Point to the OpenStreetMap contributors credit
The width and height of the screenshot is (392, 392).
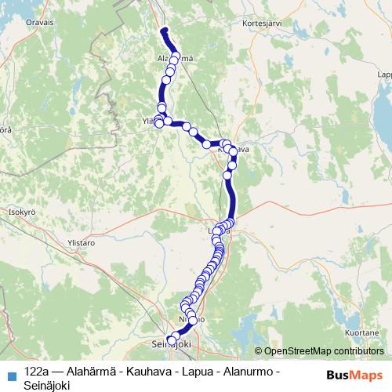coord(319,351)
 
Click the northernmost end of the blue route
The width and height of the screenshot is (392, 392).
coord(165,31)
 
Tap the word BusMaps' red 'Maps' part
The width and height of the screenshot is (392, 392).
coord(367,373)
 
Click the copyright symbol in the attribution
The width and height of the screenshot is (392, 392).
coord(259,351)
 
